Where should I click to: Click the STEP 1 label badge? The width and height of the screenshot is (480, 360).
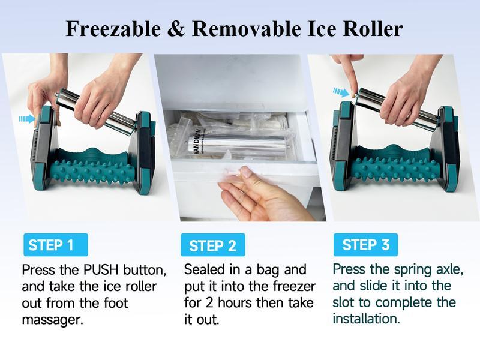55,245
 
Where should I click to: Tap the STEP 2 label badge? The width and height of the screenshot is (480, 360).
212,245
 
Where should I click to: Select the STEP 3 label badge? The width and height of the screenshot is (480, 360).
365,244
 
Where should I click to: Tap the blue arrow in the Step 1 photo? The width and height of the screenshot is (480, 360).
27,119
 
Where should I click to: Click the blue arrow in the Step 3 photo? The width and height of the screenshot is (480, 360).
341,92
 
